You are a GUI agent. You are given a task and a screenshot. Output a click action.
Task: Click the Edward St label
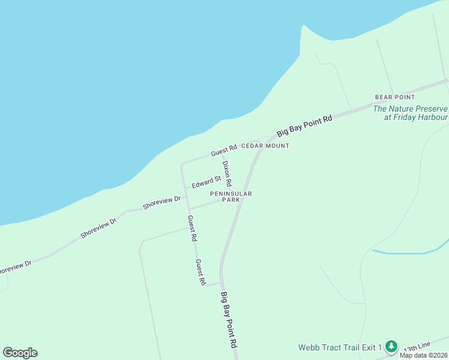click(x=206, y=181)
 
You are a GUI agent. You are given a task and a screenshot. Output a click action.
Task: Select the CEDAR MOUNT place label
click(x=265, y=146)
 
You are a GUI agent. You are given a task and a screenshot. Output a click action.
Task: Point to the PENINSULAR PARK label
click(x=231, y=197)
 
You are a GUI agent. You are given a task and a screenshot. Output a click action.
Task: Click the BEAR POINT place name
click(x=395, y=97)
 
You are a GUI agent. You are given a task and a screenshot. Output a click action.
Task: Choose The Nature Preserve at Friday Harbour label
click(x=411, y=113)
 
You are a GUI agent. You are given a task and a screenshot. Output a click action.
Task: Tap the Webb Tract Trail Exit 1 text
click(x=340, y=347)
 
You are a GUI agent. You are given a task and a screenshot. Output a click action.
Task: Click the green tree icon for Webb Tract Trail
click(x=391, y=346)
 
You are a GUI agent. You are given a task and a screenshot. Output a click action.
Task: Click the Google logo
click(x=20, y=353)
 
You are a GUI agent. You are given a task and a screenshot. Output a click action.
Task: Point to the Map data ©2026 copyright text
click(x=423, y=355)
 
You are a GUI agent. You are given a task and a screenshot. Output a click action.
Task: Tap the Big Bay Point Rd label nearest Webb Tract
click(x=230, y=320)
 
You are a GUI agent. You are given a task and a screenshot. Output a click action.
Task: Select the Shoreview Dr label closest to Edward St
click(x=161, y=202)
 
